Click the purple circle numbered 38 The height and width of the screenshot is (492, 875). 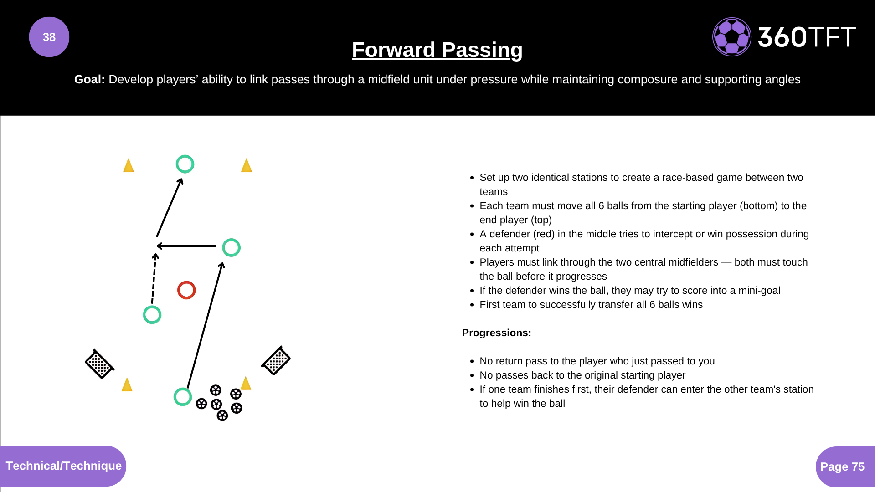pos(49,37)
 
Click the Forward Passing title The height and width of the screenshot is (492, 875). pos(437,50)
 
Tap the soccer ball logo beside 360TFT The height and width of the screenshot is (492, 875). pos(731,37)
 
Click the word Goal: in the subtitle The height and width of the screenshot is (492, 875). pos(89,79)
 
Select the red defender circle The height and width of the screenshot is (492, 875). pos(186,290)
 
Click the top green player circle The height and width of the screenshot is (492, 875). pos(185,164)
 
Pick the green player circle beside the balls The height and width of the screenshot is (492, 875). pos(183,397)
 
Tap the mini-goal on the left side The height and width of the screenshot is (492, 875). pos(99,364)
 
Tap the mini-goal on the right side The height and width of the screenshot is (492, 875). pos(276,361)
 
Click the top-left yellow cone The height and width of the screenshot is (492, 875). pos(129,165)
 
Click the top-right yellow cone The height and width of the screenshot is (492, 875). pos(247,165)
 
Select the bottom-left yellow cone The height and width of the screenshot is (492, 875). pos(127,385)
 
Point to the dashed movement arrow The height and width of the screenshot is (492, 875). pos(154,279)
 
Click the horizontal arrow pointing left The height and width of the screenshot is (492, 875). pos(186,246)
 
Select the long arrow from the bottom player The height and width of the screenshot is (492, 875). pos(205,326)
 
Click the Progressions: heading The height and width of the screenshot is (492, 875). pos(496,333)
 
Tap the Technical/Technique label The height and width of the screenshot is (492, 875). pos(63,466)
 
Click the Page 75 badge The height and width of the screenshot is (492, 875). pos(842,466)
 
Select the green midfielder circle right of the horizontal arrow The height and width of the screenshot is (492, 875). pos(231,248)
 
